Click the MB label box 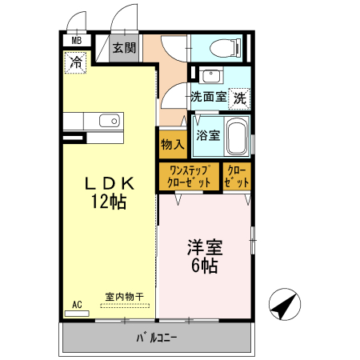coord(78,41)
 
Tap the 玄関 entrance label coord(124,47)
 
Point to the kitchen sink coord(109,121)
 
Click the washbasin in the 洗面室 coord(211,77)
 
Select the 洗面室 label coord(208,97)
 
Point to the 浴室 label coord(208,135)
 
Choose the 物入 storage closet coord(173,145)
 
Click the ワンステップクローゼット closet coord(190,176)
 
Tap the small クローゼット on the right coord(236,176)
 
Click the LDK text coord(108,184)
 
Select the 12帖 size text coord(108,202)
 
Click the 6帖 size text coord(205,266)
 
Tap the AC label coord(78,304)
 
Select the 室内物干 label coord(124,297)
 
